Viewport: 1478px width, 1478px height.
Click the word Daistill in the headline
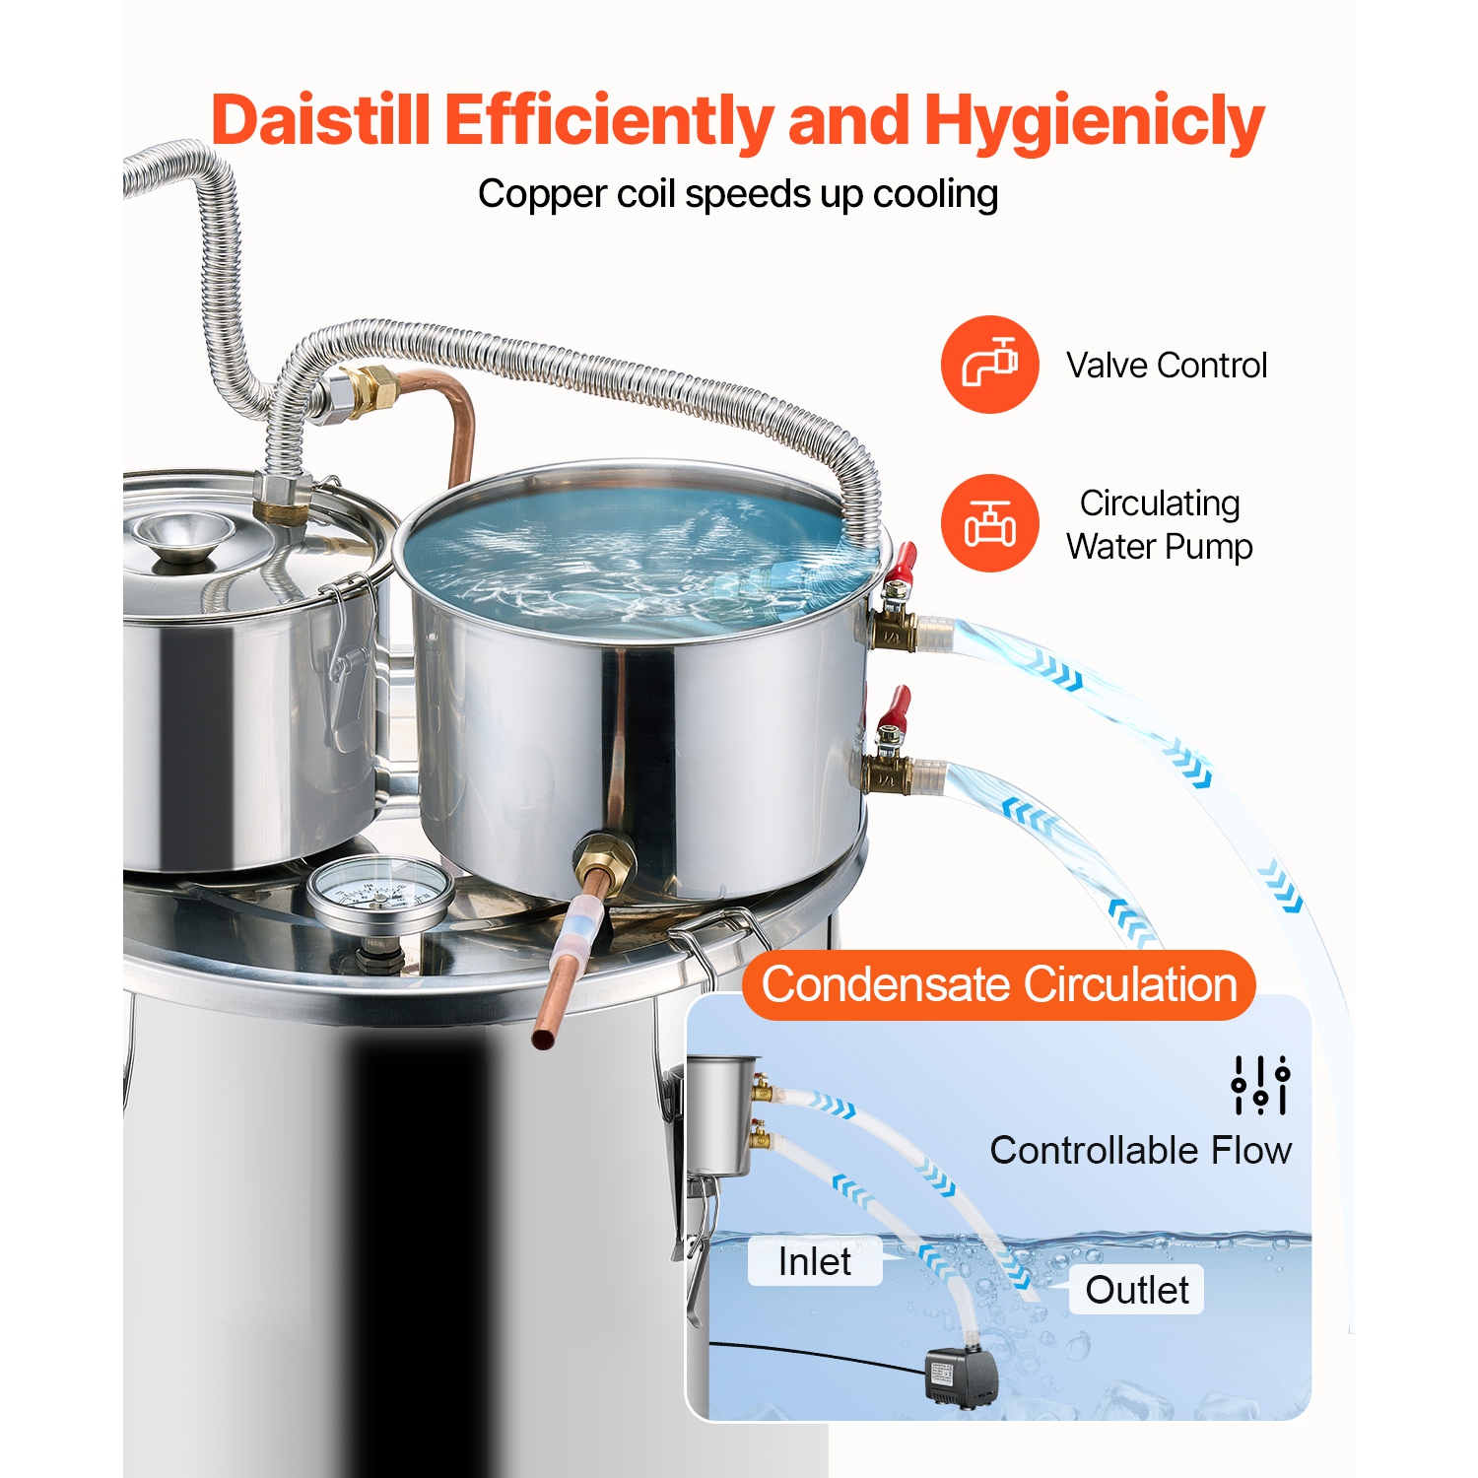321,120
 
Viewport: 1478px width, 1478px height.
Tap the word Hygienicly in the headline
1094,120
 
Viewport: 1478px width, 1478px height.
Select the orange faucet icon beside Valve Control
989,365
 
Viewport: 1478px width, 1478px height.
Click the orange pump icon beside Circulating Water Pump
989,523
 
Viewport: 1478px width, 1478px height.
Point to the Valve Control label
1167,366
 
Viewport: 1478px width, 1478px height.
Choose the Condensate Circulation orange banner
999,984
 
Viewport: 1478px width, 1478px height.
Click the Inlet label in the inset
815,1261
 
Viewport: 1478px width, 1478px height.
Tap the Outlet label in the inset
1137,1290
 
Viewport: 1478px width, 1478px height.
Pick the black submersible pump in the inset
961,1375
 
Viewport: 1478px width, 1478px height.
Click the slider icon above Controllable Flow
1260,1085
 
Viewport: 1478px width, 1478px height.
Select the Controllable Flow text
1140,1150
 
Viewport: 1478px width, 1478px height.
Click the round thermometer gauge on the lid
380,893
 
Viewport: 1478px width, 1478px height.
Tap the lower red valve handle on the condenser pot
895,707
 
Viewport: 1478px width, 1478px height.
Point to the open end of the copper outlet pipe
544,1038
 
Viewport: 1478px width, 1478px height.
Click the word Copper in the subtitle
542,194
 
